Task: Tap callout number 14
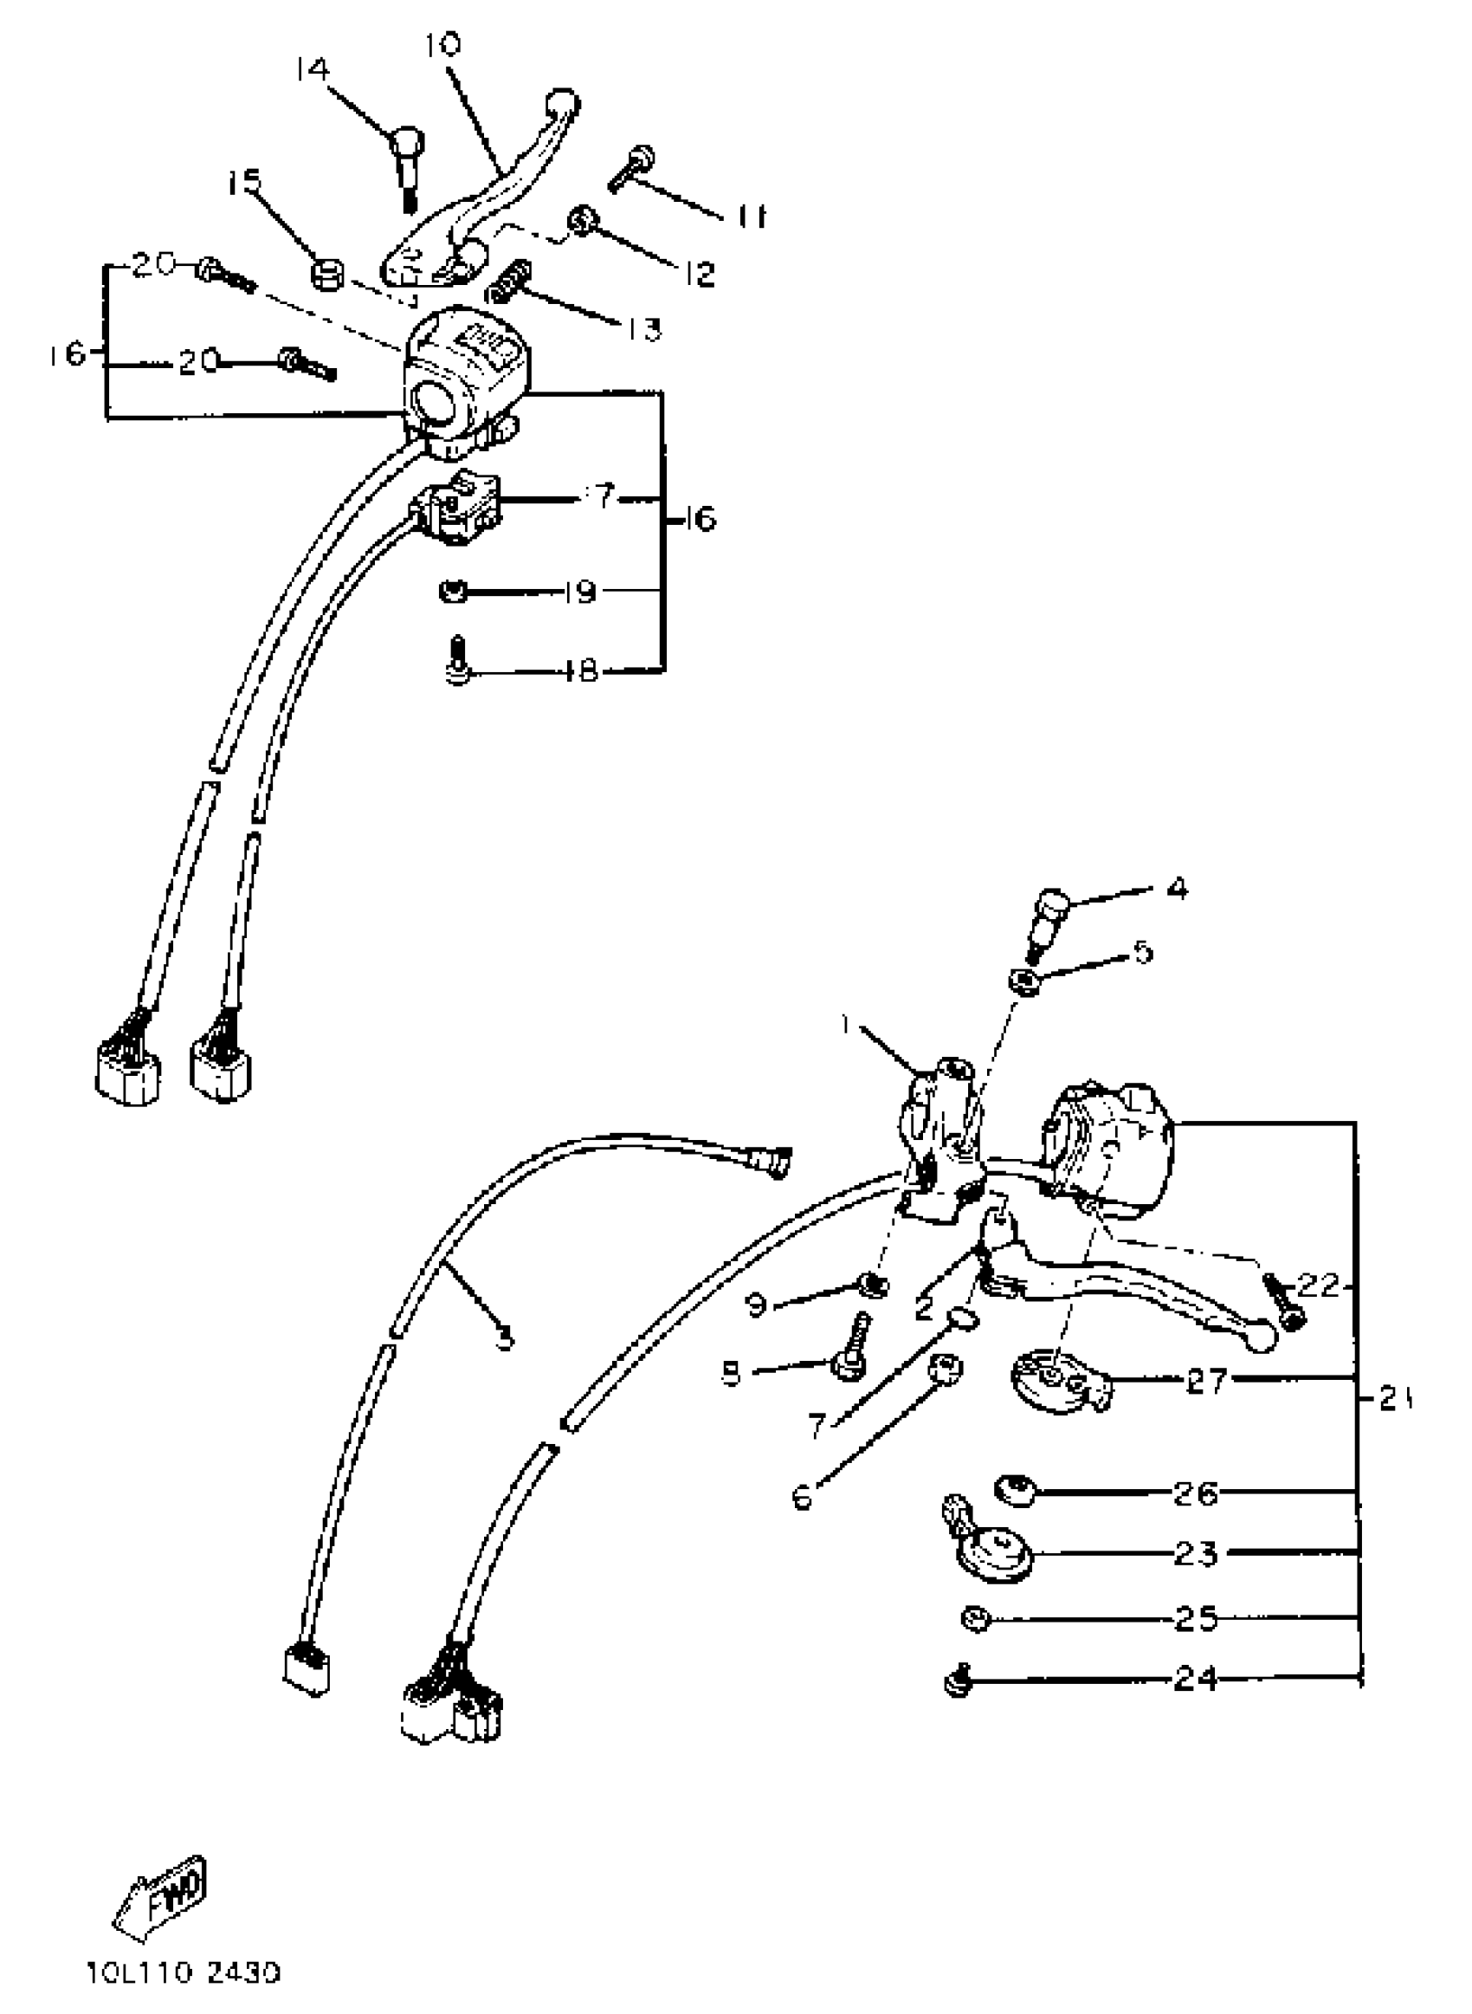(x=313, y=69)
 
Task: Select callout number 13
(x=642, y=329)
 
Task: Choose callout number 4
(x=1177, y=889)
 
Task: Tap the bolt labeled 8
(x=848, y=1358)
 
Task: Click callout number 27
(x=1206, y=1381)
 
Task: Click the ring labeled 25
(x=977, y=1617)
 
